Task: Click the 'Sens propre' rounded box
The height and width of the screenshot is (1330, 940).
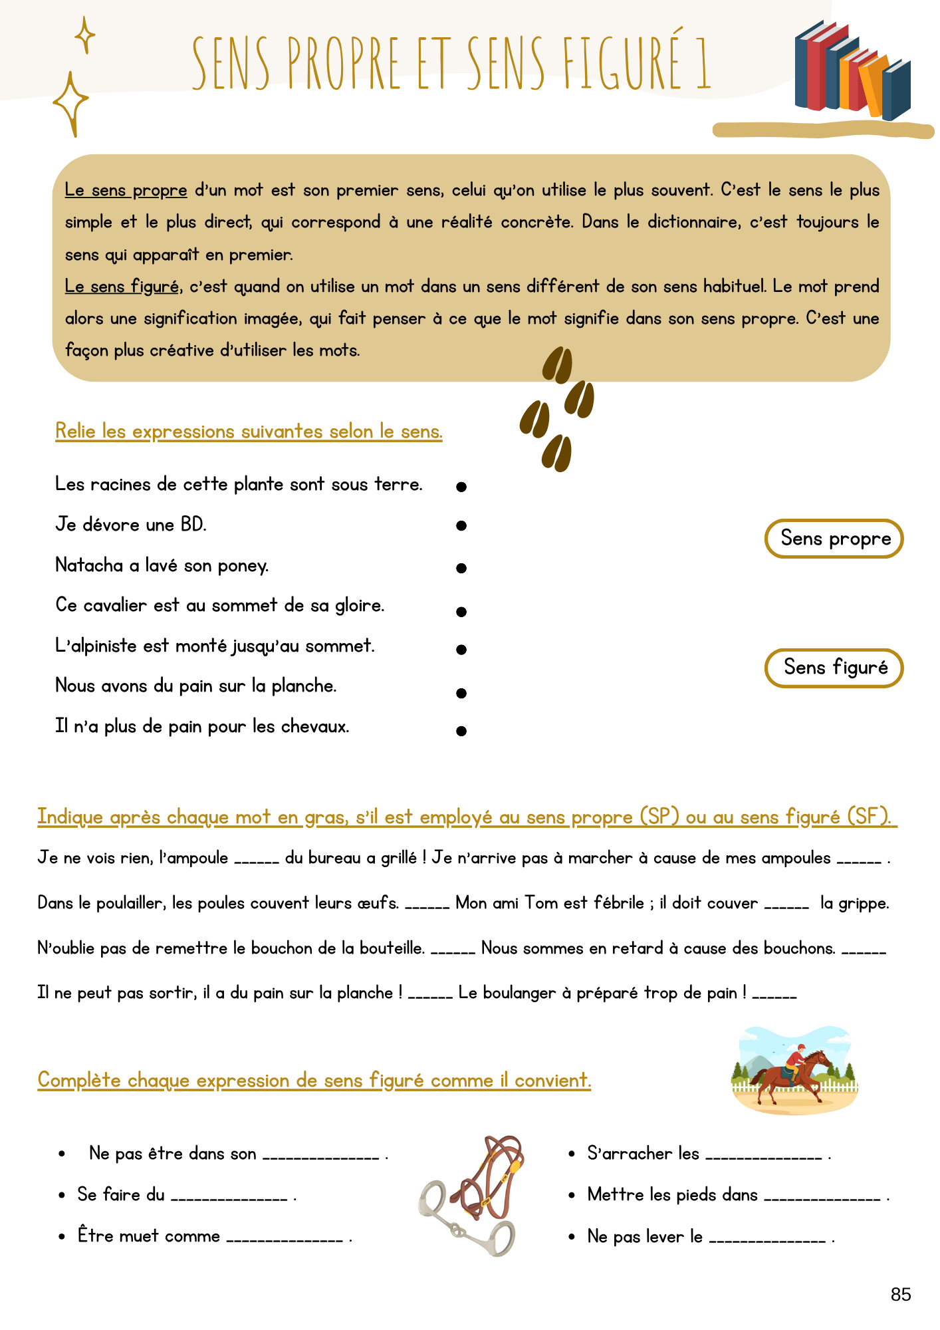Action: click(x=834, y=538)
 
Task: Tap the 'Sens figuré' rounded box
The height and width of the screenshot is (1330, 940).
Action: click(x=834, y=668)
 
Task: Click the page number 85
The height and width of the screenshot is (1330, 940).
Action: click(x=901, y=1294)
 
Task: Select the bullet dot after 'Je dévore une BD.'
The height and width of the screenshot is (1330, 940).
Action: click(x=461, y=526)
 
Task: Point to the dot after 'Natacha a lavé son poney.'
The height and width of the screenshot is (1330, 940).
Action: click(x=461, y=568)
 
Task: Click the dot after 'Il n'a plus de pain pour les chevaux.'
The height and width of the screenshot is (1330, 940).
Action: click(x=461, y=731)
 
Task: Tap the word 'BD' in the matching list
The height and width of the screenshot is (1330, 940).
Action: click(x=192, y=525)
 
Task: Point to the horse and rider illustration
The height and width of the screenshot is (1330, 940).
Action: click(x=794, y=1071)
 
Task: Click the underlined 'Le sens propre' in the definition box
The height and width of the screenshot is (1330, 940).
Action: click(x=126, y=191)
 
